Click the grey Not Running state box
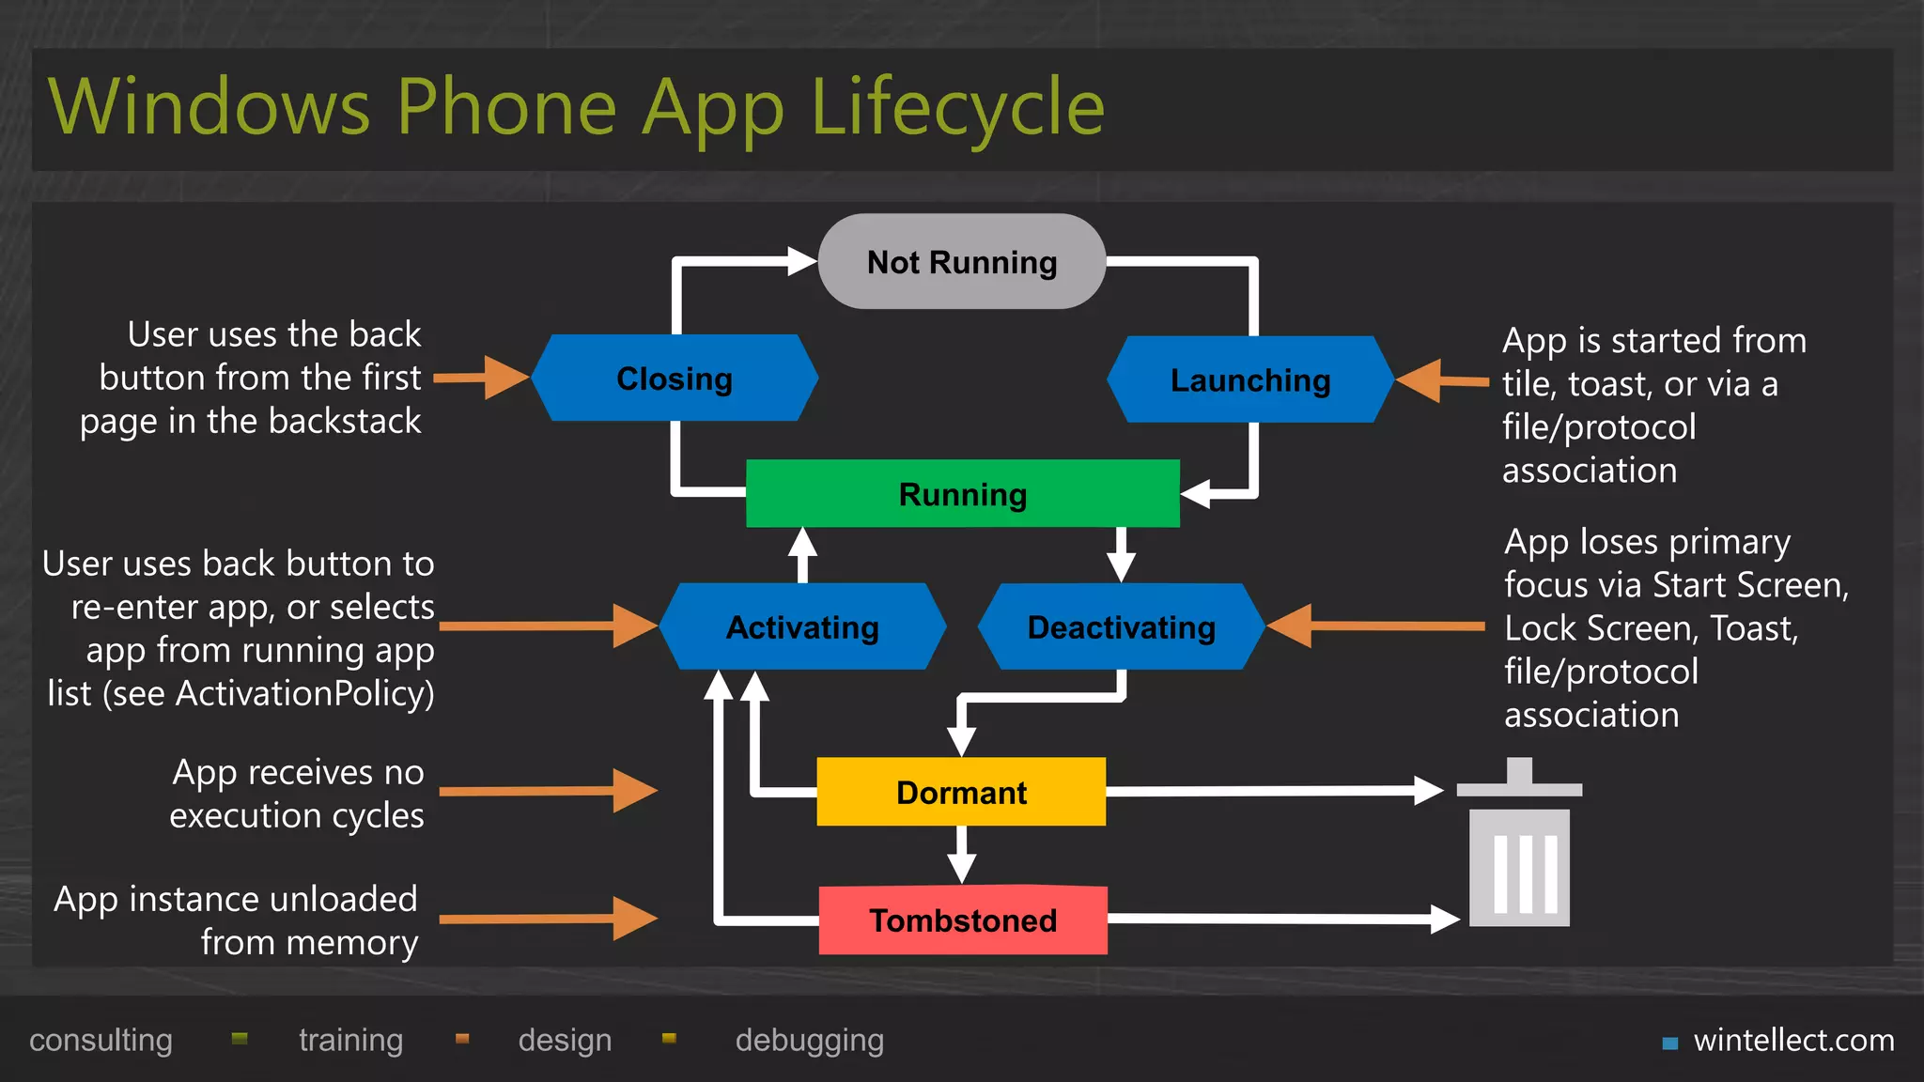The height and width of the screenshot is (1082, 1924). click(x=962, y=262)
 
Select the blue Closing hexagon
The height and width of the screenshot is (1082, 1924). click(x=675, y=379)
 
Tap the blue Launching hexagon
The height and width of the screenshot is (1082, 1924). click(x=1250, y=380)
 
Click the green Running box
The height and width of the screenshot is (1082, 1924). click(x=962, y=494)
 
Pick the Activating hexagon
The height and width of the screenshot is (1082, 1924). click(x=802, y=626)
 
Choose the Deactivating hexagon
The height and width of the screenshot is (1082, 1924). click(x=1121, y=626)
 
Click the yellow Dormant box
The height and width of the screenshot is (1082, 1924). click(x=961, y=792)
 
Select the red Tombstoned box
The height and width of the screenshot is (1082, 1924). click(x=963, y=920)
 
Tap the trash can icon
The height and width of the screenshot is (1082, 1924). click(x=1519, y=845)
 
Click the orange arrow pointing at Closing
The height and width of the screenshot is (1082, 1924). click(x=484, y=378)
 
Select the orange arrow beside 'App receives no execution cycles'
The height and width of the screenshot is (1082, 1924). click(x=550, y=791)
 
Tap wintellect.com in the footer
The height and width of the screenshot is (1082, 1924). click(x=1792, y=1041)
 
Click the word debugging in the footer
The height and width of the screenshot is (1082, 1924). click(x=809, y=1041)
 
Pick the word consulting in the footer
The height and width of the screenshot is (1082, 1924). click(x=101, y=1041)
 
